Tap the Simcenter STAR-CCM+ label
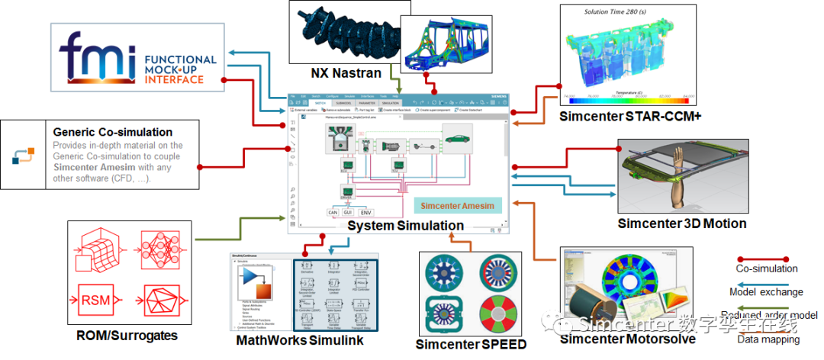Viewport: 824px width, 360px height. (629, 116)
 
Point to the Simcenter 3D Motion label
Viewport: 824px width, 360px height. (681, 223)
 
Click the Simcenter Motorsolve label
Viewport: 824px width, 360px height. (627, 339)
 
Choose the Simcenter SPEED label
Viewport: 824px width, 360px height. (471, 345)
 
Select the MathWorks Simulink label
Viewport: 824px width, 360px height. (299, 339)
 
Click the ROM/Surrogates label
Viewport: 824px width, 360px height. (127, 335)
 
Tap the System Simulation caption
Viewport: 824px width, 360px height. (405, 226)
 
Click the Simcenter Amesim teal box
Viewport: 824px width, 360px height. (458, 206)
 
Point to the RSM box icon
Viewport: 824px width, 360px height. (95, 299)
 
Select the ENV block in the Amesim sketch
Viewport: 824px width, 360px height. (366, 212)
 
